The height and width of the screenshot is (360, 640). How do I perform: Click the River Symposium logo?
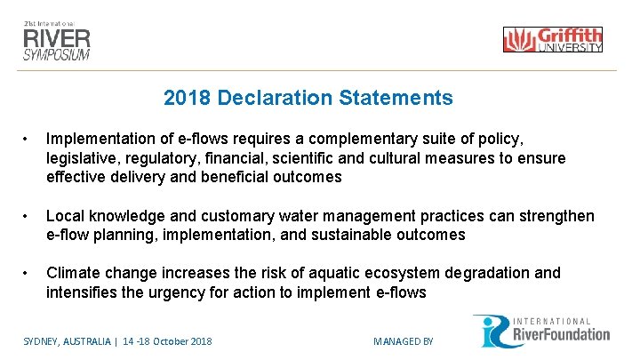click(57, 38)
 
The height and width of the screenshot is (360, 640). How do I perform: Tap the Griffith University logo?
click(552, 40)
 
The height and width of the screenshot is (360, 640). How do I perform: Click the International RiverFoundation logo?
click(541, 331)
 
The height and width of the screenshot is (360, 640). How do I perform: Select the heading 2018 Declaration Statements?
click(308, 98)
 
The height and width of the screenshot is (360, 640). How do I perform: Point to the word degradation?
click(485, 273)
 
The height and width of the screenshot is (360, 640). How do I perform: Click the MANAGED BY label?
click(403, 341)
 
